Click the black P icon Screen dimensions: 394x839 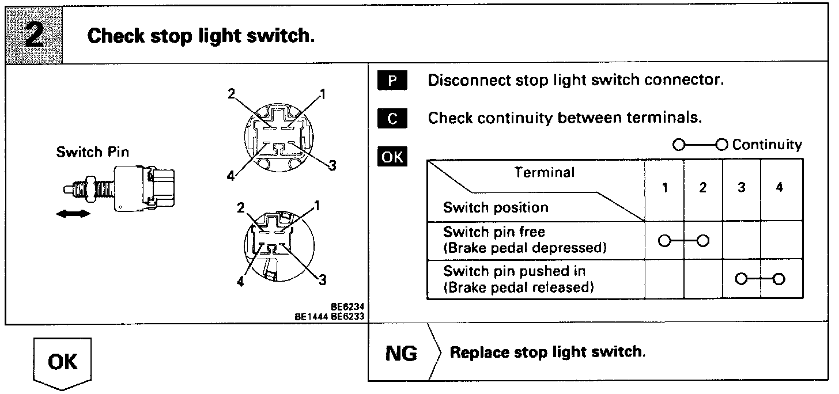(x=392, y=81)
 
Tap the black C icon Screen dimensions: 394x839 (x=392, y=119)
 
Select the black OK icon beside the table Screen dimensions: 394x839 (x=392, y=157)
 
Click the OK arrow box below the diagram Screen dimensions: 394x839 (x=62, y=362)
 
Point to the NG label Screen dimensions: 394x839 (x=400, y=353)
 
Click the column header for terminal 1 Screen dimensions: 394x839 (x=664, y=188)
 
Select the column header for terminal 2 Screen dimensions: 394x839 (x=703, y=188)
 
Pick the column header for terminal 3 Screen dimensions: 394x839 (x=741, y=188)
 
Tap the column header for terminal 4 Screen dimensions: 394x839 (x=779, y=188)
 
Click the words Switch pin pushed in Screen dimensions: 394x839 (x=507, y=271)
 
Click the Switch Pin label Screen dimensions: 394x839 (x=93, y=153)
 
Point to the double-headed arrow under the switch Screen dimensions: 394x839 (x=74, y=214)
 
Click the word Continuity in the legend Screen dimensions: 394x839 (x=767, y=144)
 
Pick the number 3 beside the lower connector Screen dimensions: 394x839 (x=323, y=280)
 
